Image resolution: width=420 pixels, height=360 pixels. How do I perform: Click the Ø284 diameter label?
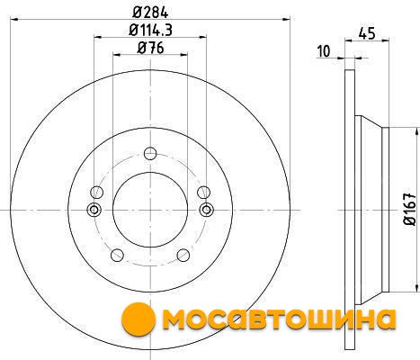coord(150,13)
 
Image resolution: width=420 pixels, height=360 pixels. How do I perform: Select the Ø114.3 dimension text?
coord(150,30)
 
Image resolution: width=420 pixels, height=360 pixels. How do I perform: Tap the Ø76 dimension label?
coord(150,48)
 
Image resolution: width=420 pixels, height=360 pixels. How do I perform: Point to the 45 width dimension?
coord(367,33)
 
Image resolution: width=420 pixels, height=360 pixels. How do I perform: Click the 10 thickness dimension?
coord(323,51)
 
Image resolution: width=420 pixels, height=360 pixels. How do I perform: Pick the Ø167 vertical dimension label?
coord(410,210)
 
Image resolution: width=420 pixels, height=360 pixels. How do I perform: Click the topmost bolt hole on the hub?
coord(150,154)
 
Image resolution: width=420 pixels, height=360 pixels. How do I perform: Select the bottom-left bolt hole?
coord(117,255)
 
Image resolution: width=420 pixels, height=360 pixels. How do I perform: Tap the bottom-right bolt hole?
coord(183,255)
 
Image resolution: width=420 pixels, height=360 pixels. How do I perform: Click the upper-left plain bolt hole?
coord(97,192)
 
